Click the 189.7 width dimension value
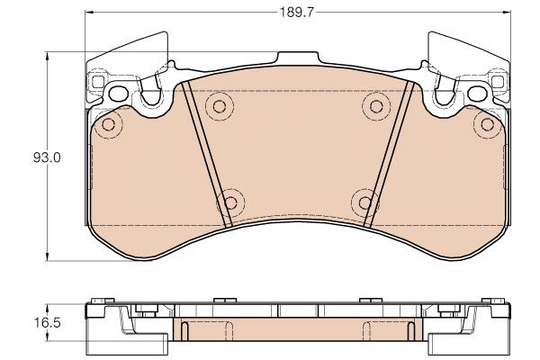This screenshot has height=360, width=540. (296, 13)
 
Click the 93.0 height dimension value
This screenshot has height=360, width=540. (47, 157)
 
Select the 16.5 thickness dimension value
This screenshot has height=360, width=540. (47, 323)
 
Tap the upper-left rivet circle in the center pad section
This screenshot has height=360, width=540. (219, 106)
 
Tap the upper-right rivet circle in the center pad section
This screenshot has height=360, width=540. (376, 106)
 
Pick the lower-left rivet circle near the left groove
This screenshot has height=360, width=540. (230, 202)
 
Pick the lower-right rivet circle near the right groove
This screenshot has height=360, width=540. (364, 202)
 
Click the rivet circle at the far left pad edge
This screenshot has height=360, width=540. (109, 124)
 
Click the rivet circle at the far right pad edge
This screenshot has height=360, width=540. (487, 124)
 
